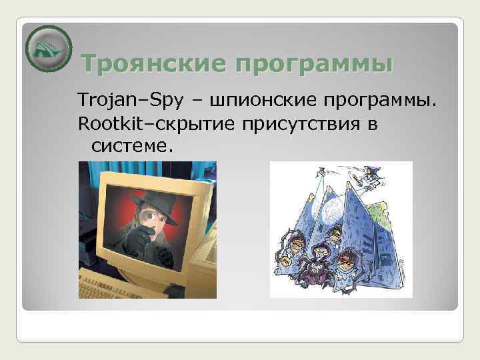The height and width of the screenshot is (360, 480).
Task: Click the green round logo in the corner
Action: pyautogui.click(x=48, y=48)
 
